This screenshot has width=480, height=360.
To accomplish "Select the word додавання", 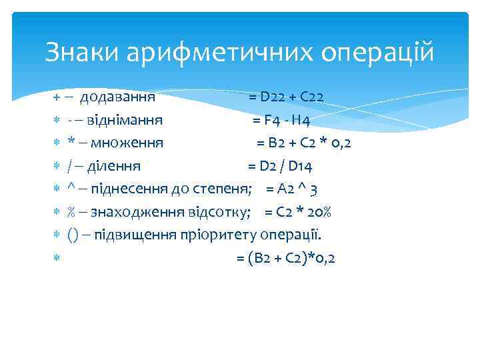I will pos(118,97).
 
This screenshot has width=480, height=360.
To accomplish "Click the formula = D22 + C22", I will pos(287,97).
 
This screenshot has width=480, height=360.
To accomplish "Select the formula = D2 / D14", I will pos(281,166).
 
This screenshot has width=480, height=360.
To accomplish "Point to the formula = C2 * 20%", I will pos(298,212).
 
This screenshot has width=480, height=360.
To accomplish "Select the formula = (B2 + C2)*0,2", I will pos(286,258).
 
